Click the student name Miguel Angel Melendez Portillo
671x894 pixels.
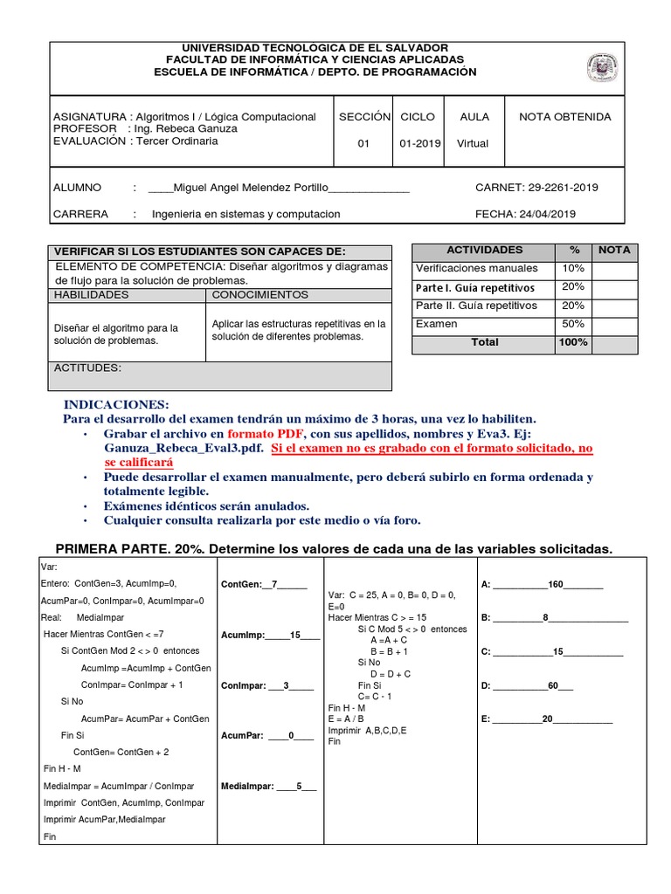click(251, 188)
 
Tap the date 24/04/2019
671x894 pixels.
click(550, 214)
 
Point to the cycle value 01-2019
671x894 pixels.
click(420, 144)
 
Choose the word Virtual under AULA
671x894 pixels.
click(473, 144)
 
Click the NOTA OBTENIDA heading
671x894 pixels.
click(565, 117)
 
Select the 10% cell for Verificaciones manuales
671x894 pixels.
click(573, 268)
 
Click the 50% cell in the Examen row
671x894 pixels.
click(573, 324)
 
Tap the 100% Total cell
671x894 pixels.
click(573, 342)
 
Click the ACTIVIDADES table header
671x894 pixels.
click(484, 250)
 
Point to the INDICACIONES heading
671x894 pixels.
click(116, 405)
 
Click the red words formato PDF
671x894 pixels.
click(266, 434)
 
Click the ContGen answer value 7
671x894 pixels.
click(273, 585)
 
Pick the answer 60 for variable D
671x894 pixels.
click(553, 686)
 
